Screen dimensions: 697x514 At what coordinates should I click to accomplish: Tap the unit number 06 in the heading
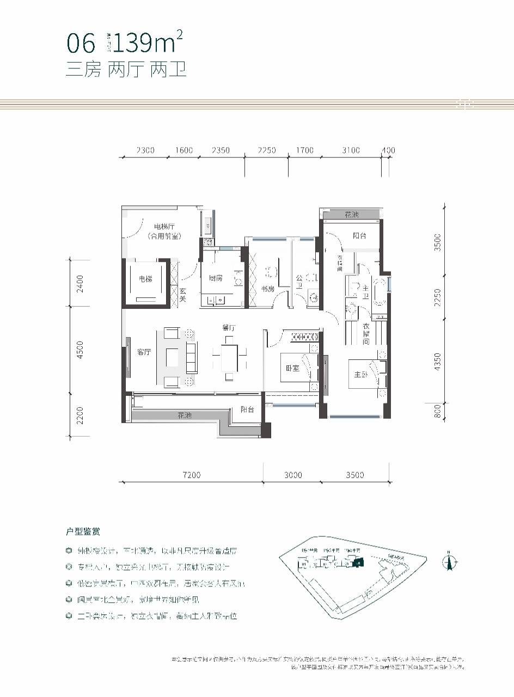tap(81, 42)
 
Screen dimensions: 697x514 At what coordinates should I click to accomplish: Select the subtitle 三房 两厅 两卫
tap(126, 70)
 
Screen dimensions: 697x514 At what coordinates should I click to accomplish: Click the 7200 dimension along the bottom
tap(191, 475)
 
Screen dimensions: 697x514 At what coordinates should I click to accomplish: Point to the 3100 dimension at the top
tap(352, 150)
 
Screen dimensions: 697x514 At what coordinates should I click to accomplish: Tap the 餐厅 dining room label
tap(228, 328)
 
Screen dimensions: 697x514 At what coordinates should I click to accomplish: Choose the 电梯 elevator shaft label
tap(145, 279)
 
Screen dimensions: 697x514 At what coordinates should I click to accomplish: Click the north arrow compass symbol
tap(450, 561)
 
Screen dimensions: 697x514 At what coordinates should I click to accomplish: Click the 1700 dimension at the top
tap(305, 150)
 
